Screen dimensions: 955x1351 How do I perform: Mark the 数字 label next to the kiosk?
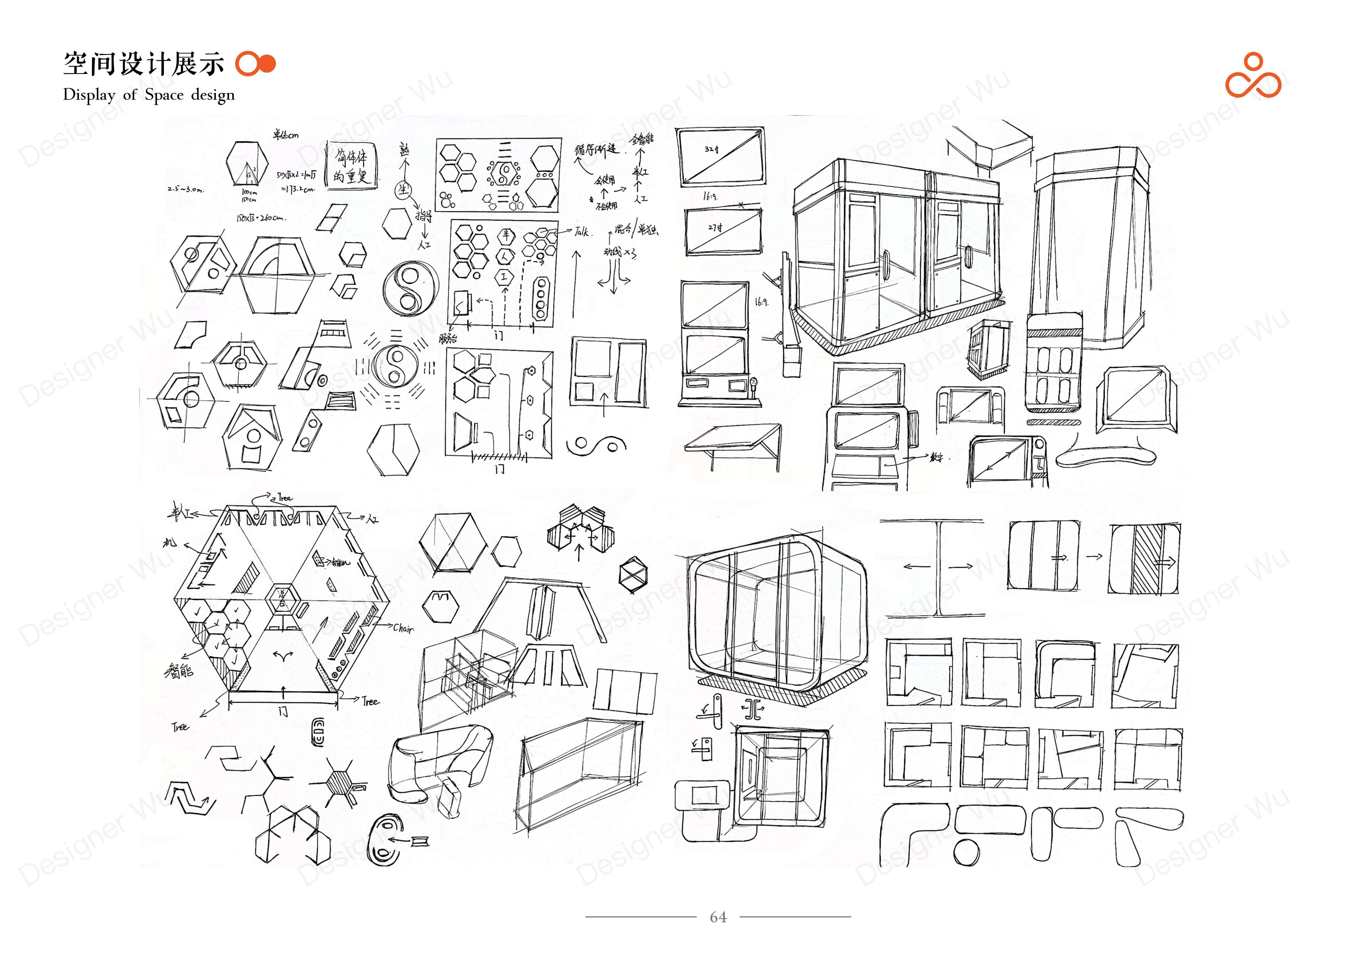[x=936, y=457]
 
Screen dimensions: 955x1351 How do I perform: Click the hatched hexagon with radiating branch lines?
[x=339, y=783]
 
